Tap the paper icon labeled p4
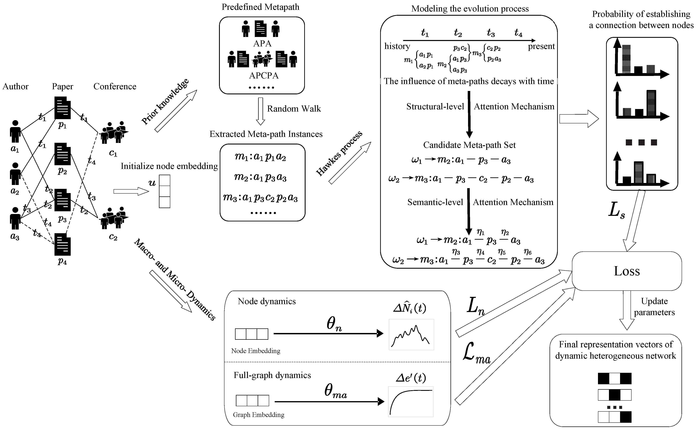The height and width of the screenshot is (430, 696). pos(63,245)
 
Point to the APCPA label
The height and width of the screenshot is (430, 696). pos(264,76)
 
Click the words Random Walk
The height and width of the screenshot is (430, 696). pos(294,109)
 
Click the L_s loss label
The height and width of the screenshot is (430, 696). pos(616,212)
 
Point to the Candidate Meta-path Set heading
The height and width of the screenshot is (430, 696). pos(469,145)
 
